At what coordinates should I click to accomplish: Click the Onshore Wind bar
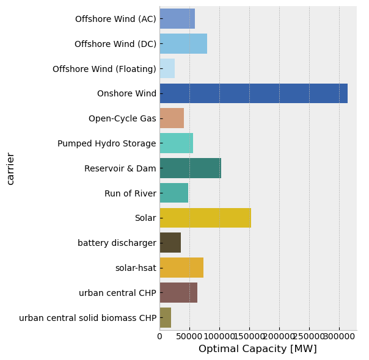pos(254,93)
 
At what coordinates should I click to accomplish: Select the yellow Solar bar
pos(205,218)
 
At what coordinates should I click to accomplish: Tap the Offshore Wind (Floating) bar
pos(167,69)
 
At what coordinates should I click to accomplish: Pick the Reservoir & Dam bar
pos(190,168)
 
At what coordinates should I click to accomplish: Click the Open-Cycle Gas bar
pos(172,118)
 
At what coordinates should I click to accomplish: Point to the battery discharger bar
pos(170,243)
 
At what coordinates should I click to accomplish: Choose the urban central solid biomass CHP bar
pos(166,318)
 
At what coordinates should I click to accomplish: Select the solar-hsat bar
pos(181,268)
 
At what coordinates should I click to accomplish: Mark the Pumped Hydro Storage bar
pos(177,143)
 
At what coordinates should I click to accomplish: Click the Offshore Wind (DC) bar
pos(183,44)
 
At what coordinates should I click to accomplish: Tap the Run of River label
pos(130,193)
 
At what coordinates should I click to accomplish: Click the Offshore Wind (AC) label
pos(115,19)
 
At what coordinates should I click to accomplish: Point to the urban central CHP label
pos(117,293)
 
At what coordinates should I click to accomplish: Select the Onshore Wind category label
pos(126,93)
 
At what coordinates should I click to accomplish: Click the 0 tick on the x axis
pos(159,336)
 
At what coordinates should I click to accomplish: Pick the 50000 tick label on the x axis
pos(189,336)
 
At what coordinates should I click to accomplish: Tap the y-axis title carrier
pos(10,168)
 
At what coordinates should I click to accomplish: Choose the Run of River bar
pos(174,193)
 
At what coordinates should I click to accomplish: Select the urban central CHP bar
pos(178,293)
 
